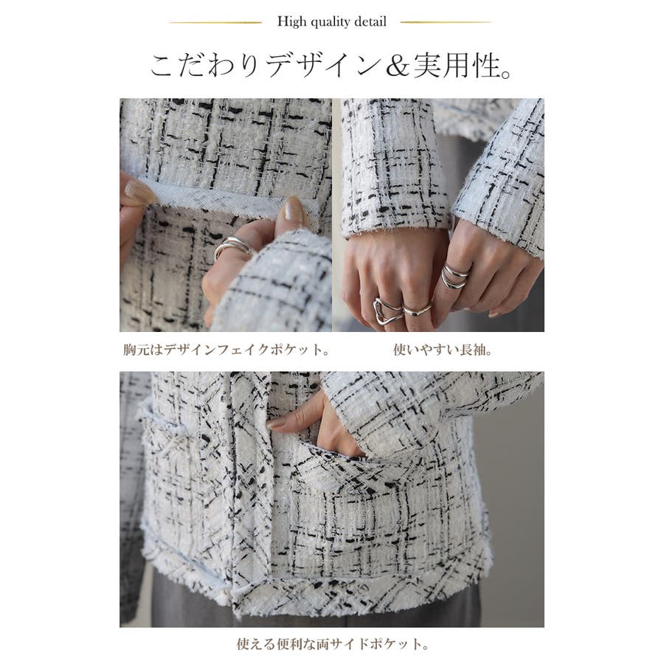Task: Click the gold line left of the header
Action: (215, 22)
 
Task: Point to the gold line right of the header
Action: (446, 22)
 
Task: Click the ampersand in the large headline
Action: (398, 67)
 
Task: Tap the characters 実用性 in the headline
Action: (456, 66)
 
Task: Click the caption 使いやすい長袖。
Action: (443, 350)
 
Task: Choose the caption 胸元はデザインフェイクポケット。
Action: (227, 350)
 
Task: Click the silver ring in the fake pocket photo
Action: (232, 247)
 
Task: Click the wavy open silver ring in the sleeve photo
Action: (387, 311)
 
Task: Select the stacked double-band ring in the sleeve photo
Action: (454, 276)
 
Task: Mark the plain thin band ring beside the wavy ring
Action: (416, 311)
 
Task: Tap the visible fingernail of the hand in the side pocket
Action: (277, 423)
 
